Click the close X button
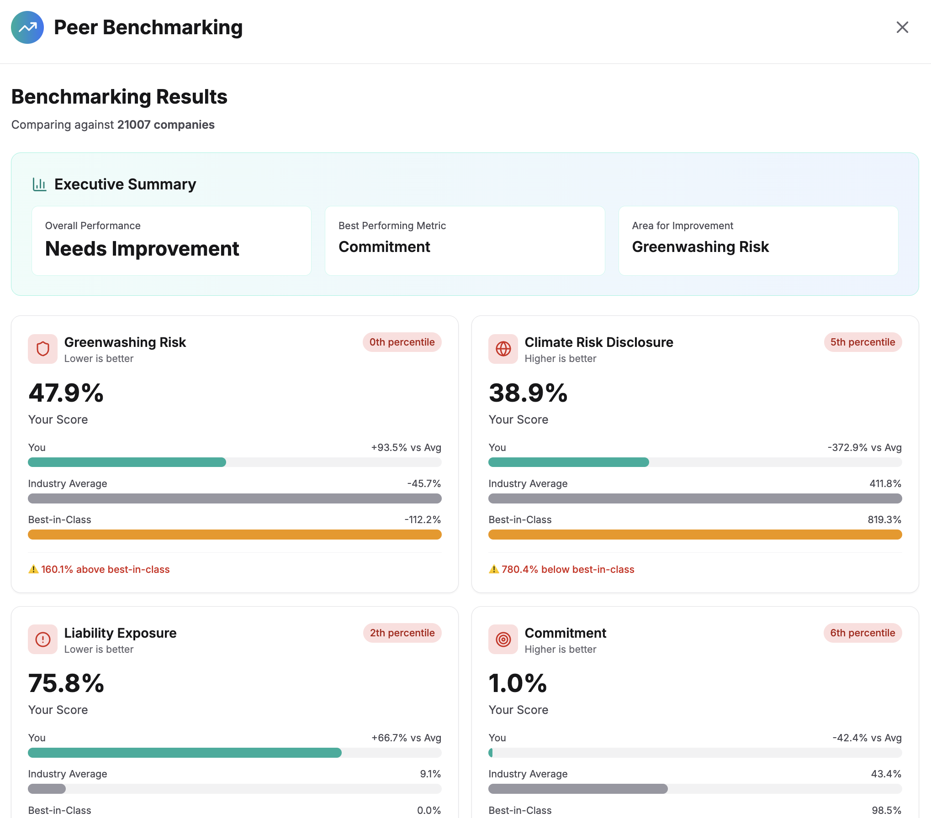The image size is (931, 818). pos(902,27)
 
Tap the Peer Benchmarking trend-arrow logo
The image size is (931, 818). pos(27,27)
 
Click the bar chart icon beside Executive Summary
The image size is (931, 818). pos(40,184)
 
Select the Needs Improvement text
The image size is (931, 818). pos(142,249)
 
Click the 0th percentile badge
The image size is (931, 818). pos(402,342)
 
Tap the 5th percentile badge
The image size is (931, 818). pos(862,342)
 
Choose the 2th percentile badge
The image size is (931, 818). pos(402,633)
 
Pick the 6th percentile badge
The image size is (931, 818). pos(862,633)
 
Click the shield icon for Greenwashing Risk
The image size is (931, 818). pos(43,349)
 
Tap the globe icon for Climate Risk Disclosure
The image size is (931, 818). pos(503,349)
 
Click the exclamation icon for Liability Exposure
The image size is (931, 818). pos(43,640)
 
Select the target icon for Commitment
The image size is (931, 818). pos(503,640)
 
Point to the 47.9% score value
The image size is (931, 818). pos(66,393)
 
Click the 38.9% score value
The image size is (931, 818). pos(528,393)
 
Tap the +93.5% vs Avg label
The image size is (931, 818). pos(406,447)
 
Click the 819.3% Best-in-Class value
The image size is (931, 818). pos(884,519)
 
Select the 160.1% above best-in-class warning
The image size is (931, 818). pos(105,569)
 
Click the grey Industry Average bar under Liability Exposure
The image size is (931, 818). pos(47,789)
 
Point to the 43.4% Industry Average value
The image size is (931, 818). pos(886,774)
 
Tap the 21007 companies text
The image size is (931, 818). pos(166,125)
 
